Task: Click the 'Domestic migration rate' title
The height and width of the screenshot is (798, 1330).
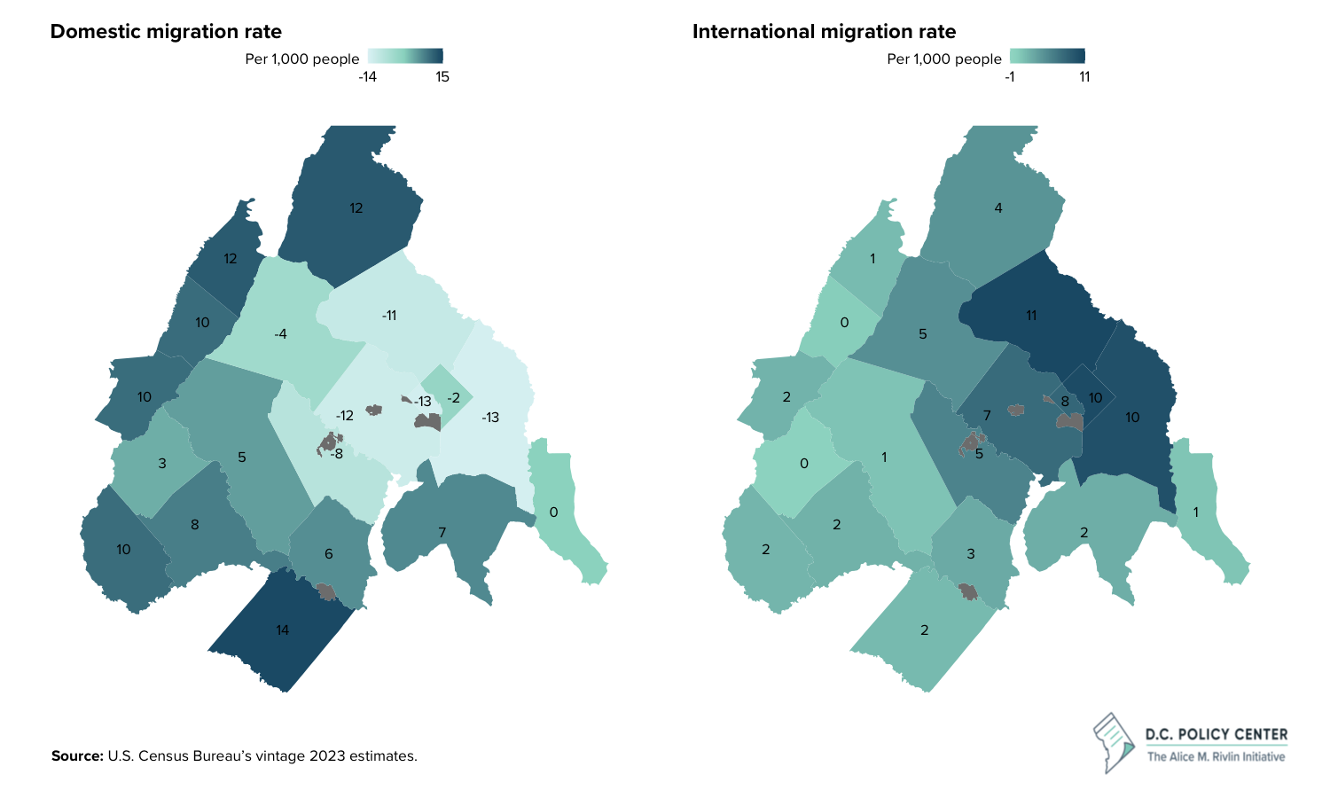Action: tap(166, 32)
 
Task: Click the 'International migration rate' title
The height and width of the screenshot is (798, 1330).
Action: tap(824, 32)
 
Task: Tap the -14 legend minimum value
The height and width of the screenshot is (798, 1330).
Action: tap(367, 77)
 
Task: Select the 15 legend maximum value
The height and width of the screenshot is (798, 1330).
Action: tap(442, 77)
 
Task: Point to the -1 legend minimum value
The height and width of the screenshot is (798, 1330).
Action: tap(1010, 77)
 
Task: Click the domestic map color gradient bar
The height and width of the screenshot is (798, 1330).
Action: tap(405, 56)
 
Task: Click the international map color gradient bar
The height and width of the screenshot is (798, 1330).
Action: tap(1047, 56)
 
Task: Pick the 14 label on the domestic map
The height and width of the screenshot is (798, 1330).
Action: tap(282, 630)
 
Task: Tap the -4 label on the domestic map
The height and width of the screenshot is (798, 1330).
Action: tap(280, 334)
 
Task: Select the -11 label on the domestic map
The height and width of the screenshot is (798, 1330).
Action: tap(388, 316)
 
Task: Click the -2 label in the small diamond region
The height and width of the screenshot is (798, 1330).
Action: tap(453, 398)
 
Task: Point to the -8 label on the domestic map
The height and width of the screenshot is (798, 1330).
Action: tap(336, 454)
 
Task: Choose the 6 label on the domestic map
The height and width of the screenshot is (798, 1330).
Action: tap(328, 554)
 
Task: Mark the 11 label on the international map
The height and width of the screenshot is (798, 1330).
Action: tap(1031, 316)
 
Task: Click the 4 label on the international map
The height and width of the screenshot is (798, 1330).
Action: tap(998, 208)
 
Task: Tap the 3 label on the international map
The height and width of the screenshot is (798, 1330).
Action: tap(971, 554)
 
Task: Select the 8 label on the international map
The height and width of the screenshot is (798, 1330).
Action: tap(1065, 402)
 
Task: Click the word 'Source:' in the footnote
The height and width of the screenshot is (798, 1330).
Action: tap(77, 756)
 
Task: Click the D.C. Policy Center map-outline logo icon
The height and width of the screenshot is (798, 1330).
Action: tap(1115, 741)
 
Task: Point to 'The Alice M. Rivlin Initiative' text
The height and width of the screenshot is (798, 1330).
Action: tap(1216, 756)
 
